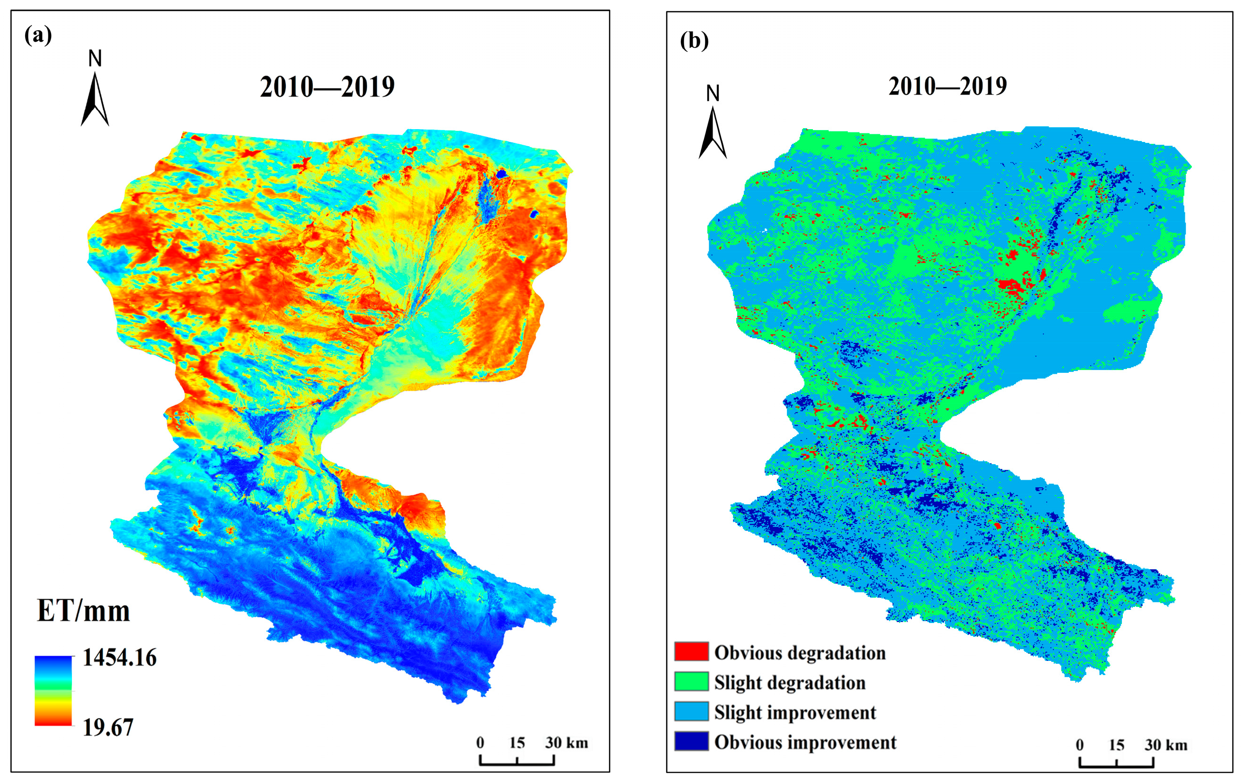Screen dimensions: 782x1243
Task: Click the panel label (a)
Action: [38, 35]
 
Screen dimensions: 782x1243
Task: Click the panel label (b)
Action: [694, 40]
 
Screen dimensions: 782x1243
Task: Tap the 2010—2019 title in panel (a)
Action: [327, 87]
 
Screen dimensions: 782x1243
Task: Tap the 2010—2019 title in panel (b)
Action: [947, 86]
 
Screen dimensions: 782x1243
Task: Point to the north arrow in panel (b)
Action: [713, 132]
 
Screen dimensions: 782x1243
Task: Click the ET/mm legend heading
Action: [83, 611]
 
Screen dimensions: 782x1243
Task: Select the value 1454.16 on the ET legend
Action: [119, 658]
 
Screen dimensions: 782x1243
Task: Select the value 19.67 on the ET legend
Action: [108, 727]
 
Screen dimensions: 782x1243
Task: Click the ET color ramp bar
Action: [53, 691]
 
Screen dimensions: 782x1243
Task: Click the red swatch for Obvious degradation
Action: [691, 652]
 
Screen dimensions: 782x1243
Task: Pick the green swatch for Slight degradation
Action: [691, 681]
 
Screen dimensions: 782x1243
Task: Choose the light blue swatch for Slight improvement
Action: [691, 712]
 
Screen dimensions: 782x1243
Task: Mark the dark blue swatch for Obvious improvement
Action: [691, 741]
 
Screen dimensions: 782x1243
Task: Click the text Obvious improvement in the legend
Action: [805, 742]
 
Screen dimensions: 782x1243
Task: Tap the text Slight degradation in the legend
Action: [790, 682]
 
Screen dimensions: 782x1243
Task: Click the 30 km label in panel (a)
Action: [566, 743]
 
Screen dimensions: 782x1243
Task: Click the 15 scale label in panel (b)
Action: [1116, 745]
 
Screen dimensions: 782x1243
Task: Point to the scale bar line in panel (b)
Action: [1116, 765]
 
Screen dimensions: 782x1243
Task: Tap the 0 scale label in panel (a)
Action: [480, 743]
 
